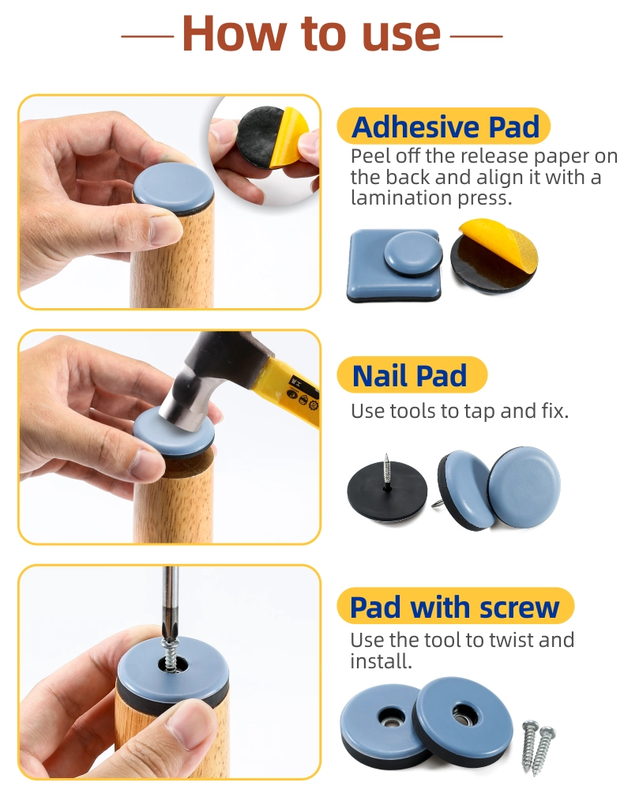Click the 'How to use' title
(x=311, y=33)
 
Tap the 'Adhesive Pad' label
(x=445, y=127)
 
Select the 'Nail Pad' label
(x=409, y=375)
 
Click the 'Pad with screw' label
(x=454, y=608)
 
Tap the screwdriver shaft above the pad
(x=171, y=600)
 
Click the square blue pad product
(x=394, y=265)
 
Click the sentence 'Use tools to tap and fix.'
(x=460, y=411)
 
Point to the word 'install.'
(x=382, y=660)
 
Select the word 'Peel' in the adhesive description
(x=367, y=156)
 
